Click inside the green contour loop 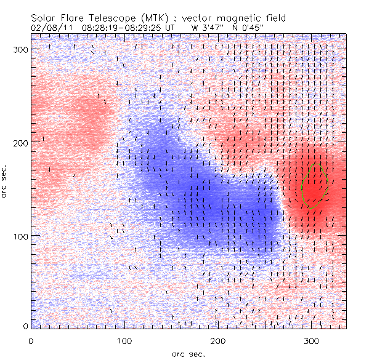click(314, 185)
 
